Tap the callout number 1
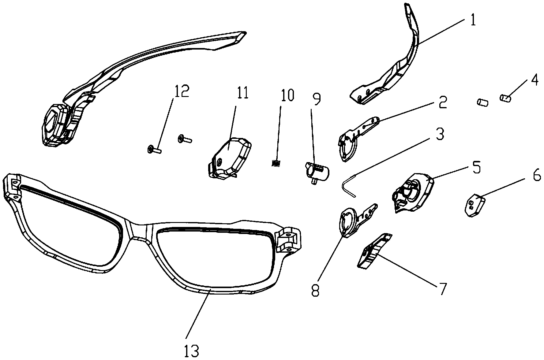click(473, 20)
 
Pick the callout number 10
click(286, 95)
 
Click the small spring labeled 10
click(276, 164)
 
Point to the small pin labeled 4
click(506, 98)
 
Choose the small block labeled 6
click(475, 205)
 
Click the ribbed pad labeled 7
click(374, 251)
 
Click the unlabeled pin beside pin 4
click(482, 102)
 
